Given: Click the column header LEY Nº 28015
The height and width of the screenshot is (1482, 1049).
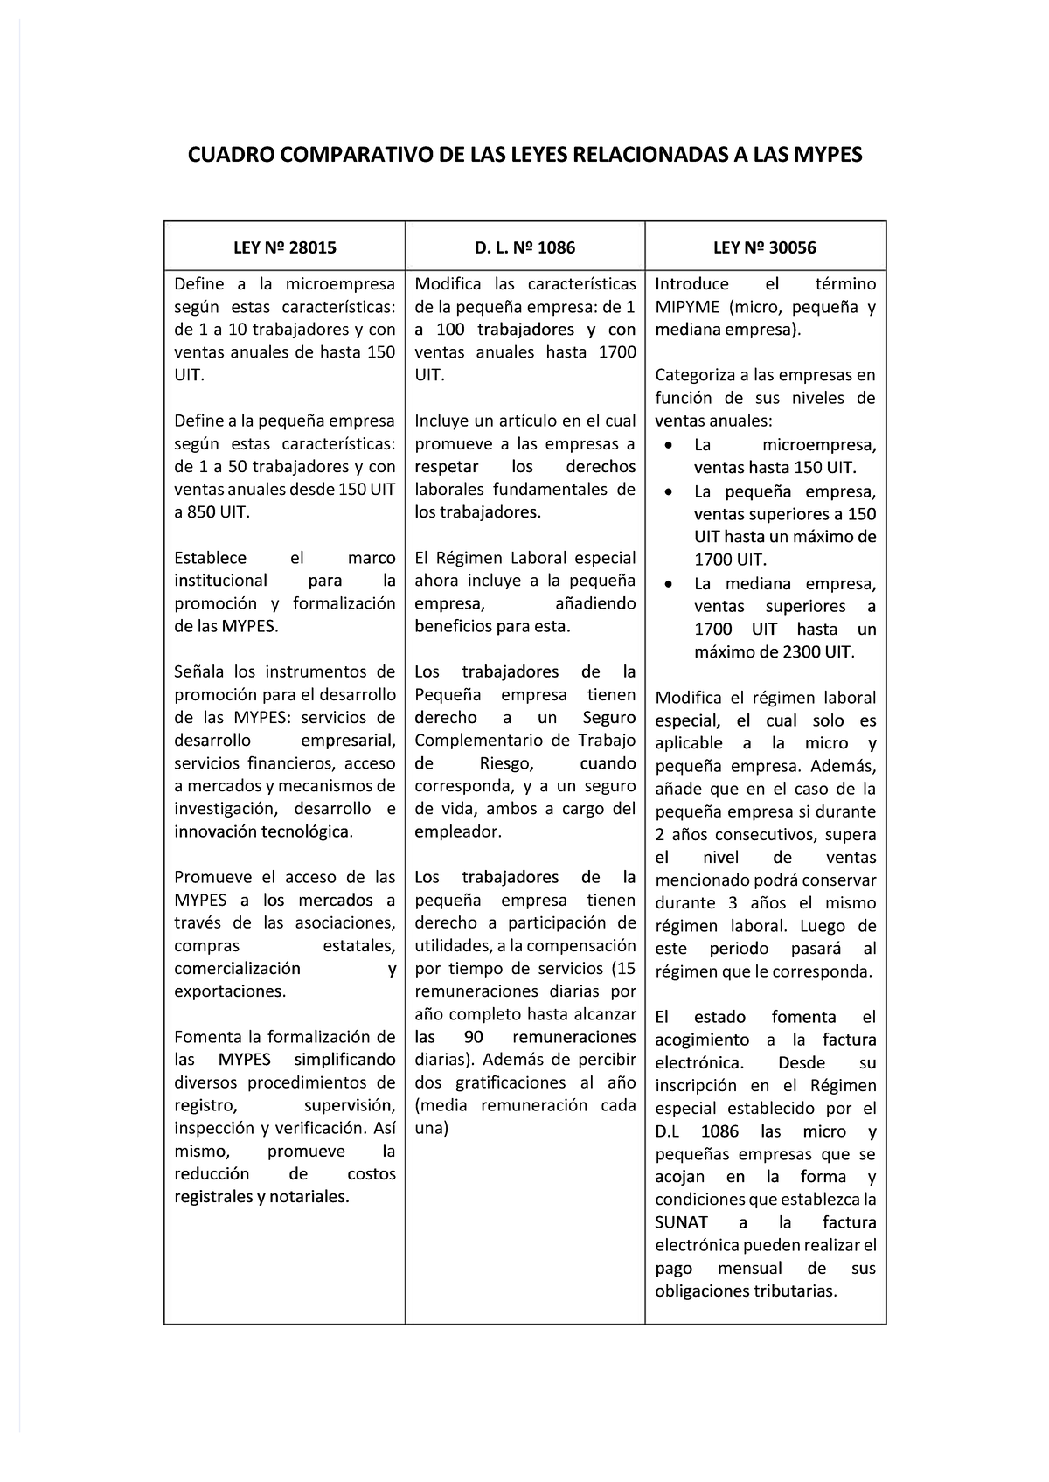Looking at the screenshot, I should (x=284, y=247).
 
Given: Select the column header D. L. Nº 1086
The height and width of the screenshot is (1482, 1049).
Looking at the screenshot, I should (x=524, y=247).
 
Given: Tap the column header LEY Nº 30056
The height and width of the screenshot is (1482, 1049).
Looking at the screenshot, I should (x=765, y=247).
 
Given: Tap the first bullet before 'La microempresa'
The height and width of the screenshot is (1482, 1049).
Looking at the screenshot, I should (x=669, y=445).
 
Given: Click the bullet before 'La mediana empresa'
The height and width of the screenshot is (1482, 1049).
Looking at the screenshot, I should (x=669, y=583).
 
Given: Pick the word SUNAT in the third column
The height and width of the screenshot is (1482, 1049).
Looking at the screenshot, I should (x=681, y=1222).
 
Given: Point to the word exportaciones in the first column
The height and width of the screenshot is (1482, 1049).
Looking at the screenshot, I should (x=229, y=991).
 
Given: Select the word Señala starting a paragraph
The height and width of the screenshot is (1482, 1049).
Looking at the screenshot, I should (x=199, y=671).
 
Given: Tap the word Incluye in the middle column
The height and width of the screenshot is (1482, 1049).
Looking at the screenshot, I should (x=441, y=421).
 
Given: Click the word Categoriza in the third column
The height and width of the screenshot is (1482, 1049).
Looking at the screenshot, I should (x=695, y=375).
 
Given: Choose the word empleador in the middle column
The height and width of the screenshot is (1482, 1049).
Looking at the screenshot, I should (x=456, y=831).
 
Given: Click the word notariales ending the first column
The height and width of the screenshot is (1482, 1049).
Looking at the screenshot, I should (x=308, y=1197).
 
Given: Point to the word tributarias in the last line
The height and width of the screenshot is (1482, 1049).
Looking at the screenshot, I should (x=795, y=1291).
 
